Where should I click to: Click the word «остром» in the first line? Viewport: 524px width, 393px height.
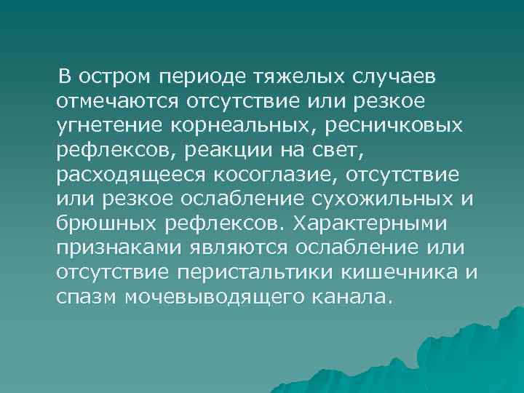(116, 76)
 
